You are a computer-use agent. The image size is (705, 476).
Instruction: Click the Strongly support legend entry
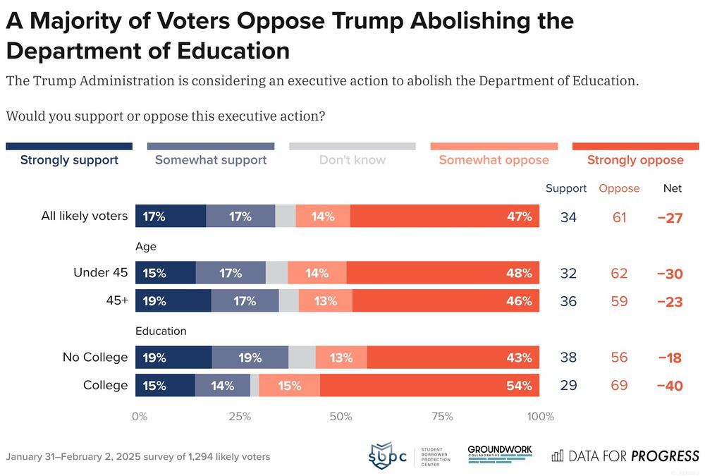69,160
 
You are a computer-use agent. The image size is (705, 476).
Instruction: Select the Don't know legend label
352,160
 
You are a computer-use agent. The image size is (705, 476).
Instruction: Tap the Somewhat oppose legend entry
493,160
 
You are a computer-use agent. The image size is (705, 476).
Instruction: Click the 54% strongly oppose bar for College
429,386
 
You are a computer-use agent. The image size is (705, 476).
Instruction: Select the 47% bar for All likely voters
444,216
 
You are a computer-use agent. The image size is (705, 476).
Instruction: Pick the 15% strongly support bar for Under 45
167,273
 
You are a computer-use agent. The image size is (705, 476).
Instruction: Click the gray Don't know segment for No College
302,358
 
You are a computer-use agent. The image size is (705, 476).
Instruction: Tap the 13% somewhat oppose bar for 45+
326,301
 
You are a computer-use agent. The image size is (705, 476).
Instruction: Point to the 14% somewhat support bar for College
223,386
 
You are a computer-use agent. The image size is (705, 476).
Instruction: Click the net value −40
669,386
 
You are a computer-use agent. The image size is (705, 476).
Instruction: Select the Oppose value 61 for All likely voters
619,217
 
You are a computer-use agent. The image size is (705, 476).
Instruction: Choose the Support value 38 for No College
568,358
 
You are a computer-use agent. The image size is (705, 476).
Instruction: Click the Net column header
673,188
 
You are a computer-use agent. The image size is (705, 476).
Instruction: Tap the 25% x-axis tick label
240,417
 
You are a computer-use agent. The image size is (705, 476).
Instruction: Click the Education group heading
161,331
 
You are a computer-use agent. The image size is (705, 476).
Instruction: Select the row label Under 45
101,273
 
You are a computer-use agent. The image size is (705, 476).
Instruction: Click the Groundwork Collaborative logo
500,452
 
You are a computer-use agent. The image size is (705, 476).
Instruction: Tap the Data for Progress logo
625,456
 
